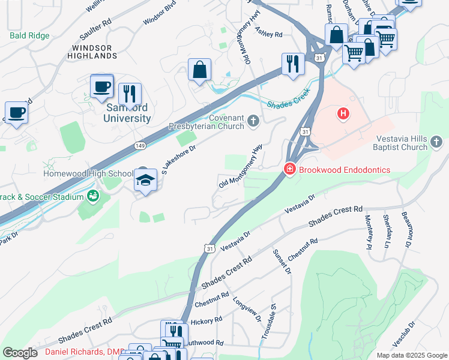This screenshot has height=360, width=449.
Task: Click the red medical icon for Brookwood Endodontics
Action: pyautogui.click(x=289, y=170)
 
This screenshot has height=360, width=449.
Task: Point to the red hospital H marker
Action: pyautogui.click(x=343, y=113)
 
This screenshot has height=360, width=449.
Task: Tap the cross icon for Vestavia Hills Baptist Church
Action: pyautogui.click(x=438, y=143)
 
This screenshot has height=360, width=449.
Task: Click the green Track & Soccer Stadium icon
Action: pyautogui.click(x=92, y=196)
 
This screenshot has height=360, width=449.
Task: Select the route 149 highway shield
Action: pyautogui.click(x=140, y=145)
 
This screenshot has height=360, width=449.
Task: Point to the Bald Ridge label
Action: pyautogui.click(x=29, y=35)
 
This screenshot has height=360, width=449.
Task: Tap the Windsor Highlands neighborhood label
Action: pyautogui.click(x=94, y=52)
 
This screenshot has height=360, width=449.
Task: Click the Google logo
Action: pyautogui.click(x=20, y=352)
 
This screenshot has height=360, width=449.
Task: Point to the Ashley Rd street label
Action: pyautogui.click(x=268, y=31)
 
